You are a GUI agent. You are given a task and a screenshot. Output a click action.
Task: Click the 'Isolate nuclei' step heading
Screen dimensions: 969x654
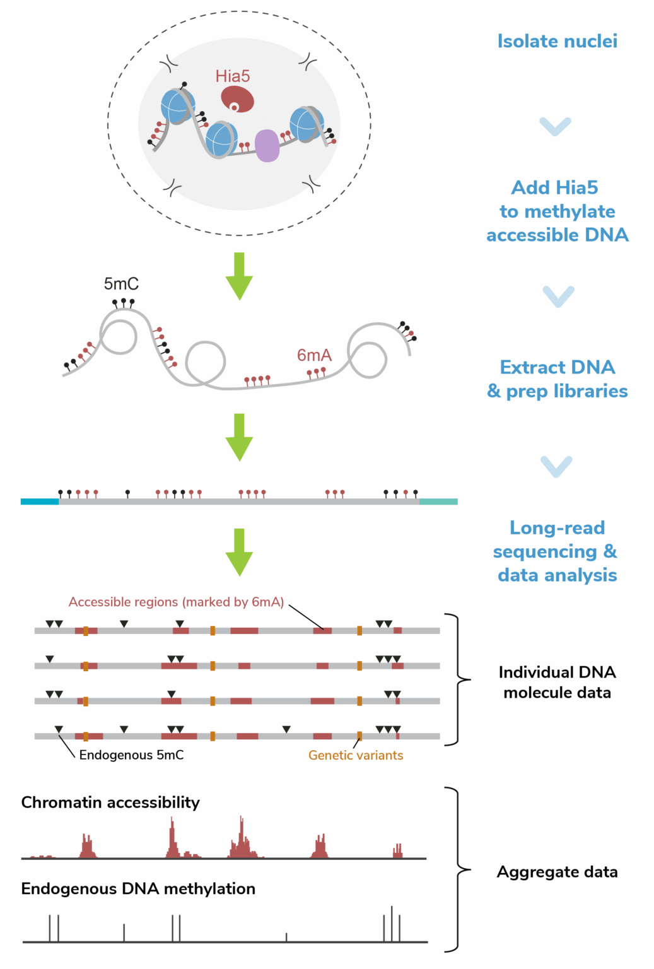(x=557, y=42)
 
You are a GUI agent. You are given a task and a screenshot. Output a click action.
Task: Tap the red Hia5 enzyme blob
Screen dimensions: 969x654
(x=238, y=99)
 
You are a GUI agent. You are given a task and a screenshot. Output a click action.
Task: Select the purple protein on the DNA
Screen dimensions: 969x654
(x=267, y=146)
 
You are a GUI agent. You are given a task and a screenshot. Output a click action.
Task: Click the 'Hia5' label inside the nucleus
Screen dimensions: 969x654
(x=233, y=76)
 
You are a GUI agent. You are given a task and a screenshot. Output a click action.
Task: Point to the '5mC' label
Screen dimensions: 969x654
(x=121, y=284)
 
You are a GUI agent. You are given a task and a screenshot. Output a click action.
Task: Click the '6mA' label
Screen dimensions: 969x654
(x=314, y=355)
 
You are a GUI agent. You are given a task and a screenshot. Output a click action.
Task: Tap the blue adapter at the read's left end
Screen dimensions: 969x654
(x=40, y=502)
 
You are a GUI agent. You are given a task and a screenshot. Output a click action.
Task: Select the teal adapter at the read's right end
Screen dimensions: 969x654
(x=438, y=502)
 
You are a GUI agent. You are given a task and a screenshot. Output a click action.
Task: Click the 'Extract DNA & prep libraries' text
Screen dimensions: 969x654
(x=557, y=379)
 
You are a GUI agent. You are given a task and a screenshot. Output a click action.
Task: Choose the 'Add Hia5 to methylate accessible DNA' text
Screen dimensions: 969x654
(x=557, y=211)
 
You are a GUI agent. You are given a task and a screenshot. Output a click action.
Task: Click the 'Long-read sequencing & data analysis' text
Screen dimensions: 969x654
(x=557, y=551)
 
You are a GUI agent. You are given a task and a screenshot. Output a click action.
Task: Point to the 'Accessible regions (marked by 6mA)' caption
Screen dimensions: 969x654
(x=176, y=602)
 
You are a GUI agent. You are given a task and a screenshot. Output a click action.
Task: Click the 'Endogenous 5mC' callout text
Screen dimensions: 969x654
(x=131, y=755)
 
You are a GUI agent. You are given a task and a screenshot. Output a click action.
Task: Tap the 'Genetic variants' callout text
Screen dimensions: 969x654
(x=356, y=755)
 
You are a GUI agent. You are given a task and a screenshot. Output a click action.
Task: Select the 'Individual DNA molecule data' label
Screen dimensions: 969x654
(x=557, y=682)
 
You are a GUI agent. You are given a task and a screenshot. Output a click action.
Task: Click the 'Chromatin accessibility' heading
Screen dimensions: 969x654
(x=110, y=802)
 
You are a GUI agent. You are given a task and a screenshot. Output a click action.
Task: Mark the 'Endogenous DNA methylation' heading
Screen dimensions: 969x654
(x=138, y=889)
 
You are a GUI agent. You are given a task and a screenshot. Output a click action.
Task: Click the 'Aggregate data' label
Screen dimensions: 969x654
(x=557, y=872)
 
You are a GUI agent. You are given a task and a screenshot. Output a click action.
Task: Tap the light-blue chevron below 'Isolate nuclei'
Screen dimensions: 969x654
(x=556, y=126)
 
